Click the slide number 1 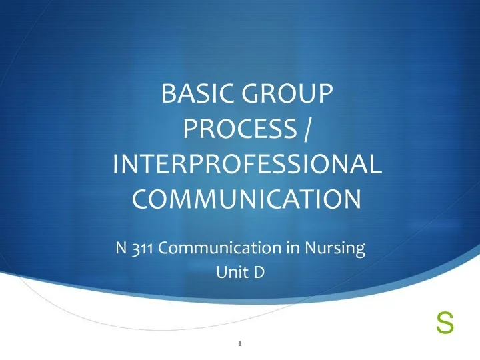pos(239,344)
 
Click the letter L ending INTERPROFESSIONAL pos(376,165)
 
